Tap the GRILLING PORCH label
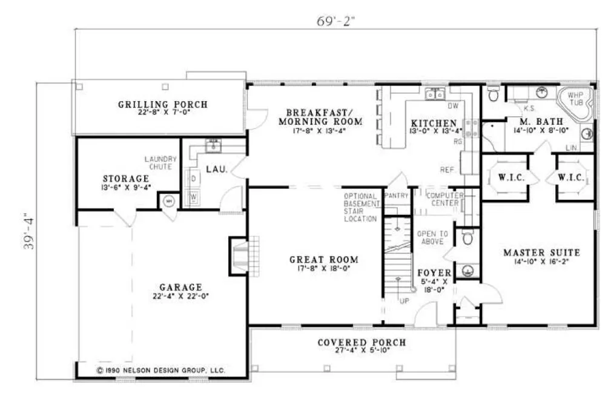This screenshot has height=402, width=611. pos(162,104)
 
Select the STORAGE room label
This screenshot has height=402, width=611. pos(125,179)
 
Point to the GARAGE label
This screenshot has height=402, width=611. pos(180,287)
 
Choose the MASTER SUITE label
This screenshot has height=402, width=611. pos(541,252)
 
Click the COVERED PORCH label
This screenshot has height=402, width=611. pos(362,343)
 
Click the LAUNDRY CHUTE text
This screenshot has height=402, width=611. pos(158,163)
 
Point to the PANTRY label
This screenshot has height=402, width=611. pos(397,195)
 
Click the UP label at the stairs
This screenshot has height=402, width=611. pos(403,300)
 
